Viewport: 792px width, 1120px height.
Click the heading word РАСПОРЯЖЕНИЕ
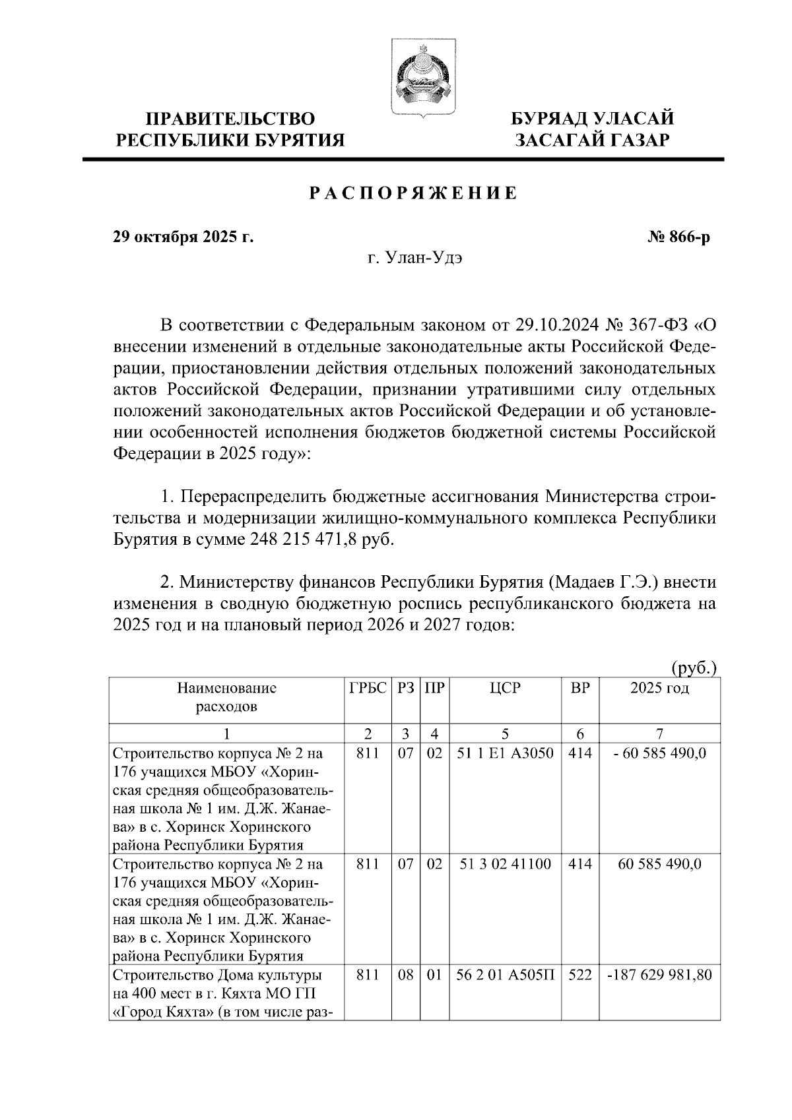[x=414, y=193]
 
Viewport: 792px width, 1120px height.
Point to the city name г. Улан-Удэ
[x=414, y=258]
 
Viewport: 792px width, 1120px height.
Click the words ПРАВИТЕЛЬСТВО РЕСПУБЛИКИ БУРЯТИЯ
[x=230, y=129]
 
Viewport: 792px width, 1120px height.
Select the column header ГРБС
[x=368, y=689]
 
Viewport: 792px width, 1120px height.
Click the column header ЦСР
[x=505, y=689]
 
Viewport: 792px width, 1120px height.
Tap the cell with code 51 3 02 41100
[x=505, y=864]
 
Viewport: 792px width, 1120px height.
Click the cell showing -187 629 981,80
[x=659, y=975]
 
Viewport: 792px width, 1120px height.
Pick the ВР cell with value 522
[x=579, y=975]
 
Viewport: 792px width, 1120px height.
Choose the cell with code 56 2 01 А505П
[x=505, y=975]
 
